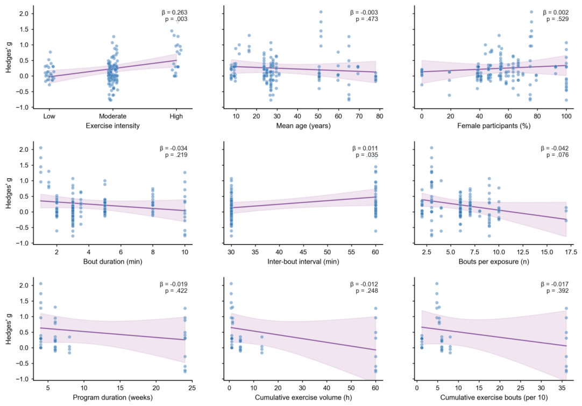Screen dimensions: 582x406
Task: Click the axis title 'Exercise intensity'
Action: point(112,125)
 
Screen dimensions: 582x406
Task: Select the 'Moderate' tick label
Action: point(112,116)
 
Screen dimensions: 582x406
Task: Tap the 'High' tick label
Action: point(176,116)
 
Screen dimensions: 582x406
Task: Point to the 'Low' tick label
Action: point(49,116)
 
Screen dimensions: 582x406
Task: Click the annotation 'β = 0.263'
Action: point(174,12)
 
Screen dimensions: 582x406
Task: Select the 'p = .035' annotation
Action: point(367,155)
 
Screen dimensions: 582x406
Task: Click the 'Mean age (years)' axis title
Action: point(303,125)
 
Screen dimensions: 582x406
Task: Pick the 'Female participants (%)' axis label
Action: point(494,125)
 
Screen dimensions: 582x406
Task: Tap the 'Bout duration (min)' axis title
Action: point(112,262)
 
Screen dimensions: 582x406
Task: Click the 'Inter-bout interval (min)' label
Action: point(303,262)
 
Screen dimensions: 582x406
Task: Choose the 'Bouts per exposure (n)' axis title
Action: point(494,262)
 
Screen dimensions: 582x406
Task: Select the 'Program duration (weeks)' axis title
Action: point(112,397)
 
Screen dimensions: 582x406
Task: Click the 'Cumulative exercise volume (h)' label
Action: point(303,397)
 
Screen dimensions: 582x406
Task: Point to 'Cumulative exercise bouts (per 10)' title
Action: point(494,397)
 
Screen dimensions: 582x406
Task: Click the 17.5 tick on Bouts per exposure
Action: point(571,252)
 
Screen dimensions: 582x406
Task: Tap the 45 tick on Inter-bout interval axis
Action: point(303,252)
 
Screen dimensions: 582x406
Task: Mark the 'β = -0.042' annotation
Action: point(555,149)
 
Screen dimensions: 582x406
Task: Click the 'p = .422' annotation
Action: point(176,291)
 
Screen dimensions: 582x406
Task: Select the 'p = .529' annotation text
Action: point(557,19)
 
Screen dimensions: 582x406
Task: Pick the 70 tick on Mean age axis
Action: point(359,116)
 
